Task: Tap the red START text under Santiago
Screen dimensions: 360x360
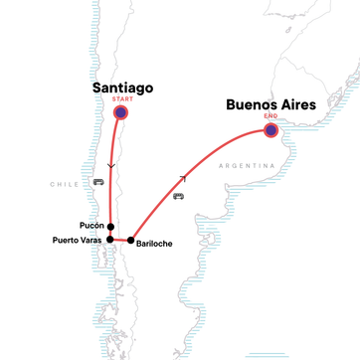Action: pos(121,100)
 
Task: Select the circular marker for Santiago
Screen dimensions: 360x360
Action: pos(121,113)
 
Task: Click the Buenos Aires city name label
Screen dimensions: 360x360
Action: pos(270,102)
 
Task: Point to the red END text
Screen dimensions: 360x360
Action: pos(270,115)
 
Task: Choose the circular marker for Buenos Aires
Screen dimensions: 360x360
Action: pos(270,128)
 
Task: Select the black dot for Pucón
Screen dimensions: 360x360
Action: pos(110,226)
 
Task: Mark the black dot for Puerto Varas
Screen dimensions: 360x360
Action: pos(111,240)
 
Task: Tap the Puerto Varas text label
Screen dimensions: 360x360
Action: pos(78,241)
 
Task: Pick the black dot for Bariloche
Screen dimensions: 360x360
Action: pos(130,241)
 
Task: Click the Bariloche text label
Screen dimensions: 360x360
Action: pos(156,242)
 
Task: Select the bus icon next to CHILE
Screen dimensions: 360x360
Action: pos(97,182)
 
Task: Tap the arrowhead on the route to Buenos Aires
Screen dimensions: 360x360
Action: pos(181,179)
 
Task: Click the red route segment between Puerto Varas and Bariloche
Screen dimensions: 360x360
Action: pos(120,241)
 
